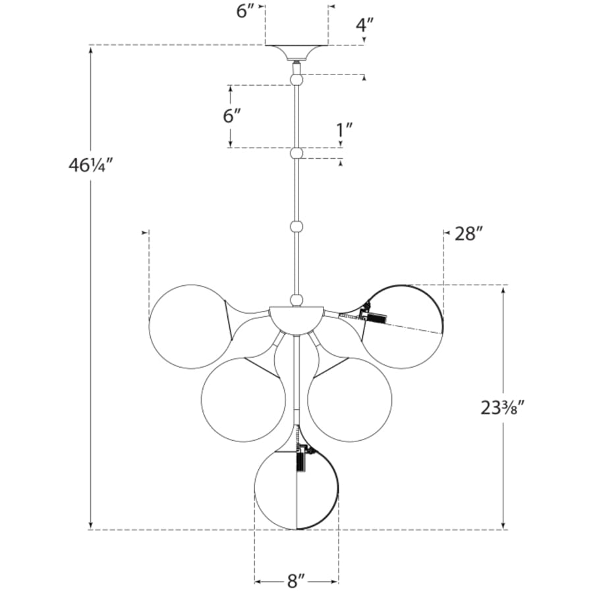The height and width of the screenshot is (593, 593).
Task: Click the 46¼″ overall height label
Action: coord(91,165)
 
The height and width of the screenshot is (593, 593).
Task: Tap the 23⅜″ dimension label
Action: coord(503,408)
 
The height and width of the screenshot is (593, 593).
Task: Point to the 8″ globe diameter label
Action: coord(296,581)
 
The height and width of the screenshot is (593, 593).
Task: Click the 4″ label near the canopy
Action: coord(365,25)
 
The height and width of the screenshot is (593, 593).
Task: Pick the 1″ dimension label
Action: coord(345,130)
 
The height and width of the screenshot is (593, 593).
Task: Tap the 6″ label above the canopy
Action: coord(246,11)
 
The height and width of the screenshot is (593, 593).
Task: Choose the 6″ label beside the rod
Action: coord(232,116)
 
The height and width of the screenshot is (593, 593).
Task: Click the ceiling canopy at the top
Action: coord(296,52)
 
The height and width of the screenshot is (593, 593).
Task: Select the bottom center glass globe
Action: coord(296,488)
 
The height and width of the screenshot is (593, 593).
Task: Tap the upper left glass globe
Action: coord(191,326)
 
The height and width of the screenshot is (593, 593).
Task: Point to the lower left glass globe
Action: coord(243,400)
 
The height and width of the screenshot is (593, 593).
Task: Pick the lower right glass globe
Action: coord(350,400)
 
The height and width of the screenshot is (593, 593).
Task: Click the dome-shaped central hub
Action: coord(296,319)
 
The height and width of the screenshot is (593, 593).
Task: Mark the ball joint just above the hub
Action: coord(296,300)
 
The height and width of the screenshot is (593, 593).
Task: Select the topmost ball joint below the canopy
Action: coord(296,80)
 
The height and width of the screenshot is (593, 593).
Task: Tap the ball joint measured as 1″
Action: coord(296,154)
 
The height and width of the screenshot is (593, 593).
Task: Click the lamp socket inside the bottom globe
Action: coord(301,459)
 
